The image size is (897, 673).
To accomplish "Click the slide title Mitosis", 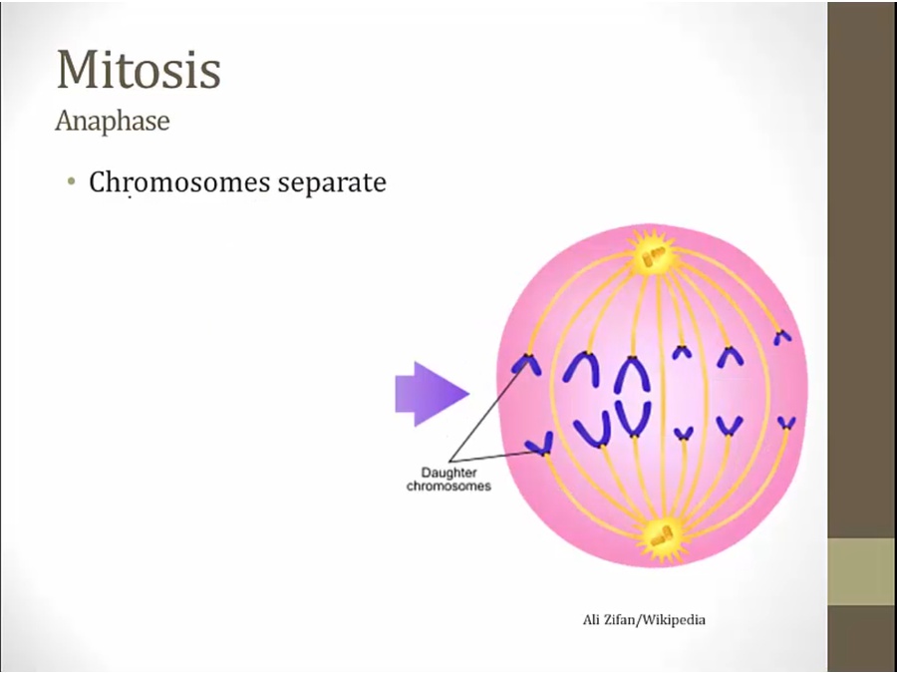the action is click(139, 69).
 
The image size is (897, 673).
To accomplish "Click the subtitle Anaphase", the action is click(112, 121).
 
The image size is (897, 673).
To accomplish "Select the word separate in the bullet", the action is click(332, 183).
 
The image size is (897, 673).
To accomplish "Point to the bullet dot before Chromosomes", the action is click(71, 182).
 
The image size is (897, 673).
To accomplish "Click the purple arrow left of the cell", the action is click(432, 394).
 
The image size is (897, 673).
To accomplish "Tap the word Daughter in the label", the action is click(448, 474).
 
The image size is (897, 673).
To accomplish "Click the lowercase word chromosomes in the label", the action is click(448, 487).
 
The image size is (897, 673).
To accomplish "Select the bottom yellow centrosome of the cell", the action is click(662, 536).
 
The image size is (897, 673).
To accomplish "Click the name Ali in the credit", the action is click(591, 620).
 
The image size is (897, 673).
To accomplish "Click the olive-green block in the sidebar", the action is click(862, 571).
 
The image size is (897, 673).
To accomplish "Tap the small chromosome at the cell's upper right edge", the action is click(782, 338).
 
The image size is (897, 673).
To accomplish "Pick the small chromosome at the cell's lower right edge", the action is click(786, 423).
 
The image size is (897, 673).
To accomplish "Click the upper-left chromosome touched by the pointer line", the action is click(526, 364).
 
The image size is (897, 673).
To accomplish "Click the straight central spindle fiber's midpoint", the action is click(663, 395).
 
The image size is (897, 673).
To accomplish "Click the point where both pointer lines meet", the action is click(450, 461).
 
